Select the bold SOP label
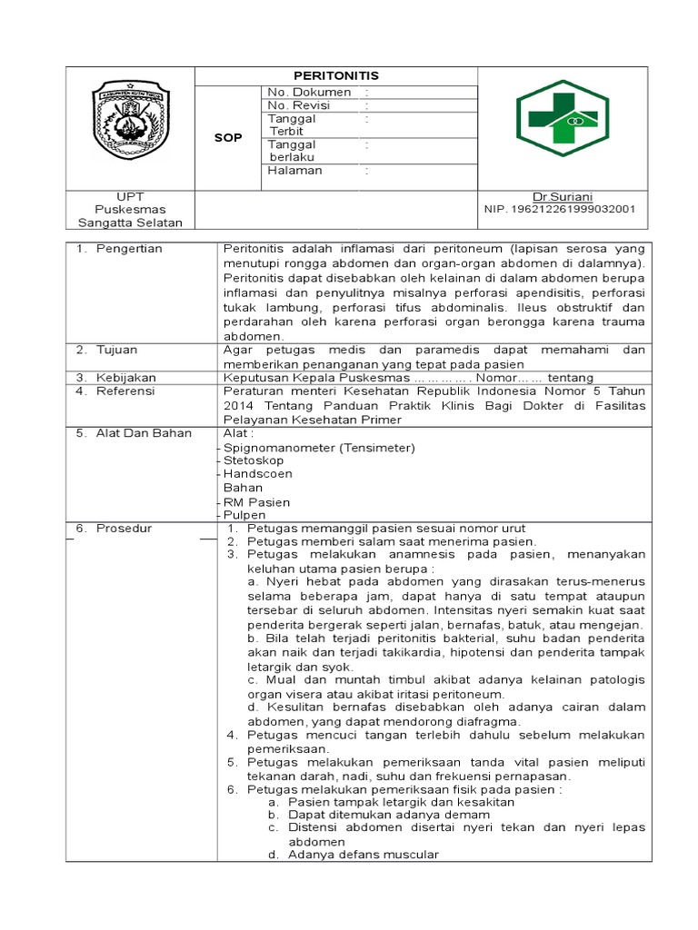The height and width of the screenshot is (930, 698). click(x=227, y=138)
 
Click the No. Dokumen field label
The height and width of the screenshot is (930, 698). click(x=309, y=93)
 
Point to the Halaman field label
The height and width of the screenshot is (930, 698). click(x=295, y=170)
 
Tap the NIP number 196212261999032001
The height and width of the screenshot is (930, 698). click(x=560, y=210)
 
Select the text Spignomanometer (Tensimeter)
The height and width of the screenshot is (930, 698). click(x=319, y=448)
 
